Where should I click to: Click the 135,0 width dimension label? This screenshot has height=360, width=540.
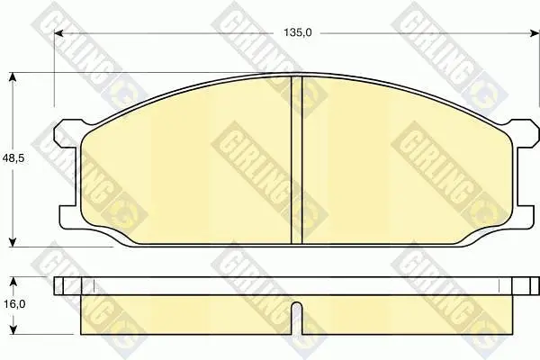point(298,32)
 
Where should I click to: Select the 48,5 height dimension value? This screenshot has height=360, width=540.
point(13,159)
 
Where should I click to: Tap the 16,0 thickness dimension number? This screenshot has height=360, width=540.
point(13,304)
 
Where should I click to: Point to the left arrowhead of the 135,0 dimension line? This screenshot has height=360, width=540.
point(59,33)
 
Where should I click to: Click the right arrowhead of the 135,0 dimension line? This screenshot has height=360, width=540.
point(534,33)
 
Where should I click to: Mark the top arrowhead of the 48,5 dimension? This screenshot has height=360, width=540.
point(13,77)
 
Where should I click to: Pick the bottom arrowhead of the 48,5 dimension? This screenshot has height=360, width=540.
point(13,242)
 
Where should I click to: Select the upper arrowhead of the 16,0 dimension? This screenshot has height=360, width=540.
point(13,282)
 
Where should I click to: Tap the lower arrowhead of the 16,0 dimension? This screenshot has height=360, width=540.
point(13,329)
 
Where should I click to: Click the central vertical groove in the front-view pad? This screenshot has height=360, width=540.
point(296,160)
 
